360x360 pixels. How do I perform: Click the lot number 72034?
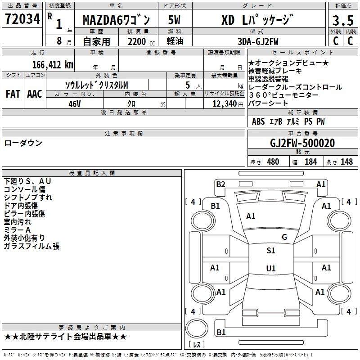[22, 19]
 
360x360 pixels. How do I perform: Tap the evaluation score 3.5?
[343, 21]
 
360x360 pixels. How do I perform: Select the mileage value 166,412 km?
[53, 65]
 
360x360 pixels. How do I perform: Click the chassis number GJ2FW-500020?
[302, 143]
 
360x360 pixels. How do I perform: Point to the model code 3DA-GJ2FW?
[258, 41]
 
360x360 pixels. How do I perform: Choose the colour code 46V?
[74, 104]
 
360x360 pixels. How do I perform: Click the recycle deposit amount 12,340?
[225, 104]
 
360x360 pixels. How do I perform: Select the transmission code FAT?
[13, 94]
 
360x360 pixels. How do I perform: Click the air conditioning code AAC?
[35, 94]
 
